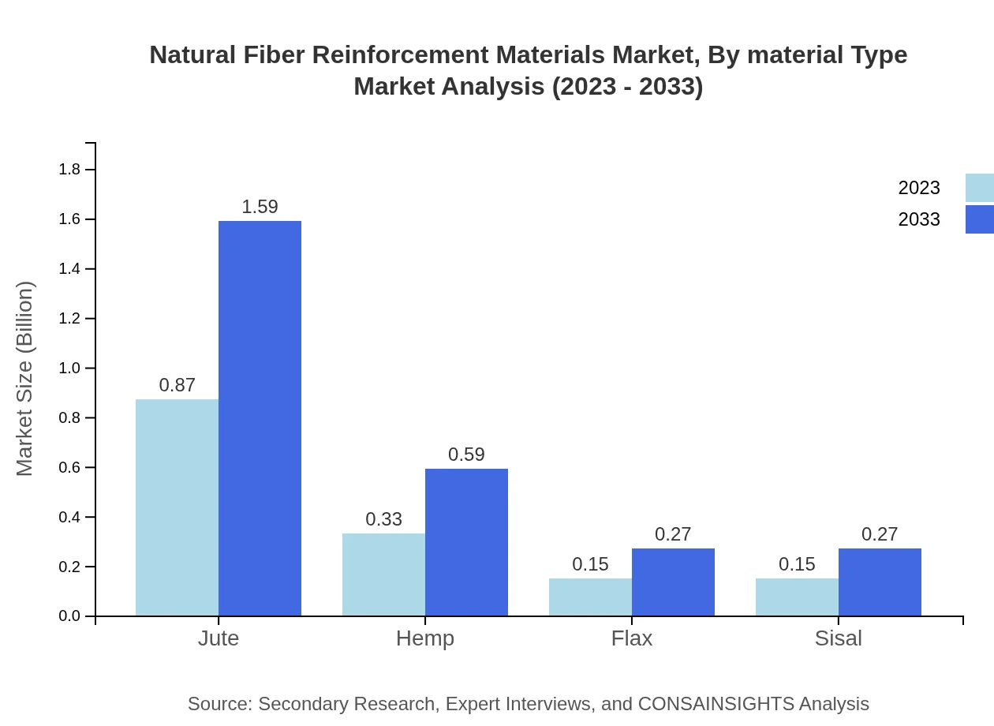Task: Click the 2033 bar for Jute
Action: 260,418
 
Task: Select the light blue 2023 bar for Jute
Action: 177,507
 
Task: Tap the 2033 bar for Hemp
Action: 466,542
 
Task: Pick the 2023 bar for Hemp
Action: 383,574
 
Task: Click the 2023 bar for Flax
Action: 590,597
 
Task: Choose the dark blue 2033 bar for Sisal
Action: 880,582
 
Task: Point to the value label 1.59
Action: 260,207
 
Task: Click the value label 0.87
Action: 177,385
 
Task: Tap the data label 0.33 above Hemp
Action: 383,519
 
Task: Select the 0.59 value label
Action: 466,455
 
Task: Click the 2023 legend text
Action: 919,188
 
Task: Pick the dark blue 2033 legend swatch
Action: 979,219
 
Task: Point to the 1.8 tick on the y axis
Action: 70,170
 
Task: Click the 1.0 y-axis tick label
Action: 70,369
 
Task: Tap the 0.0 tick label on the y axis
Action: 70,616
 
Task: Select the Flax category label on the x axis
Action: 632,638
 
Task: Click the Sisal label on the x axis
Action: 838,638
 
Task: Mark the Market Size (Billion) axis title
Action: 25,379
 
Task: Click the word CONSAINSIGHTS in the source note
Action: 715,704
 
